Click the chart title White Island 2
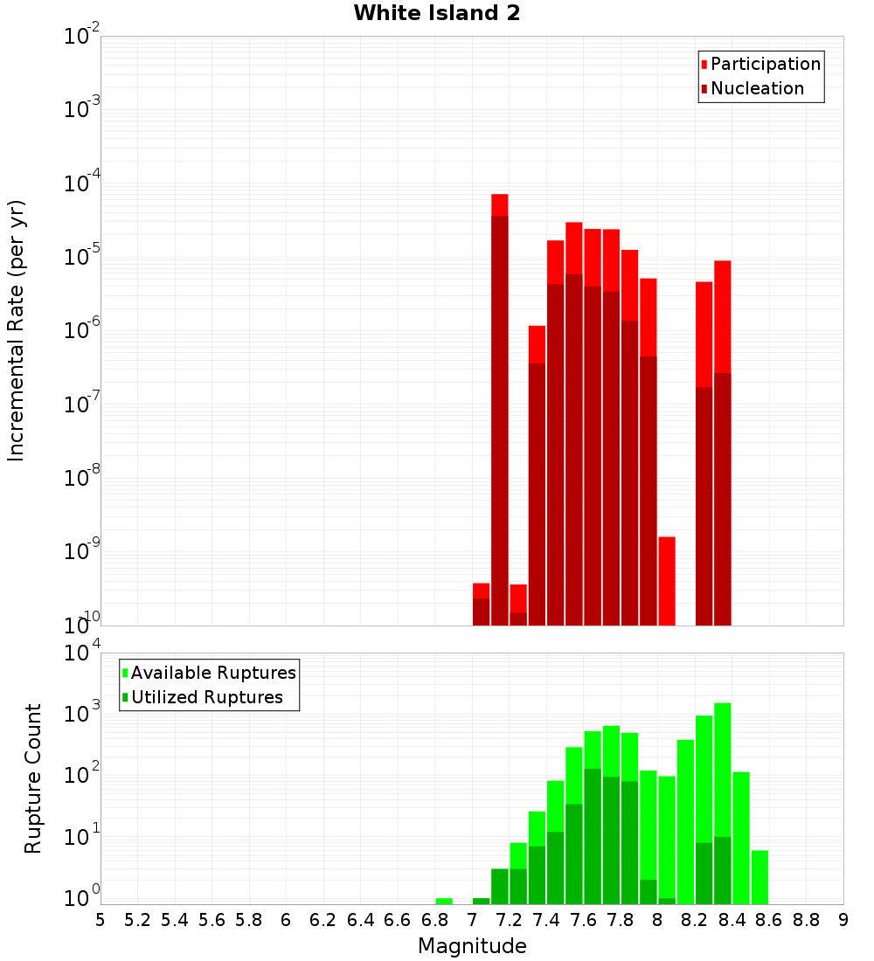(x=436, y=14)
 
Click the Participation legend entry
(x=765, y=64)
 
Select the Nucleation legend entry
(x=756, y=88)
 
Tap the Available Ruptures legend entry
(x=212, y=673)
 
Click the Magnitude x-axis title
(x=472, y=946)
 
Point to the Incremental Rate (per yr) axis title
(x=17, y=330)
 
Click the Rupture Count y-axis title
(x=33, y=778)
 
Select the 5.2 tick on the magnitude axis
(x=137, y=920)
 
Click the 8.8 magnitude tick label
(x=806, y=920)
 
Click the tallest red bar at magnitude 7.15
(x=499, y=204)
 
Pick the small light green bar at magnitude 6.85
(x=444, y=901)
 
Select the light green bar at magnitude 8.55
(x=760, y=877)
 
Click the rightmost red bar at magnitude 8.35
(x=722, y=315)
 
